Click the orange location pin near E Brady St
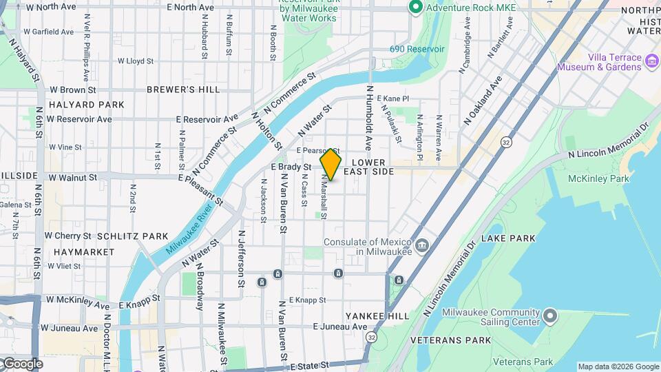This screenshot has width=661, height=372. (330, 164)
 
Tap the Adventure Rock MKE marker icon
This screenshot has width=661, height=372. (415, 8)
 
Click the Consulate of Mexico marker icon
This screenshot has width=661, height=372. (422, 245)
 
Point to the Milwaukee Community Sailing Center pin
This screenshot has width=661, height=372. (549, 316)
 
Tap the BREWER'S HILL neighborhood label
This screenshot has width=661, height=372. (183, 90)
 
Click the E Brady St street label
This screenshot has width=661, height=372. (293, 167)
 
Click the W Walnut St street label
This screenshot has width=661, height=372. (72, 178)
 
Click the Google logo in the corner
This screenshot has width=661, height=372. (22, 364)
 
